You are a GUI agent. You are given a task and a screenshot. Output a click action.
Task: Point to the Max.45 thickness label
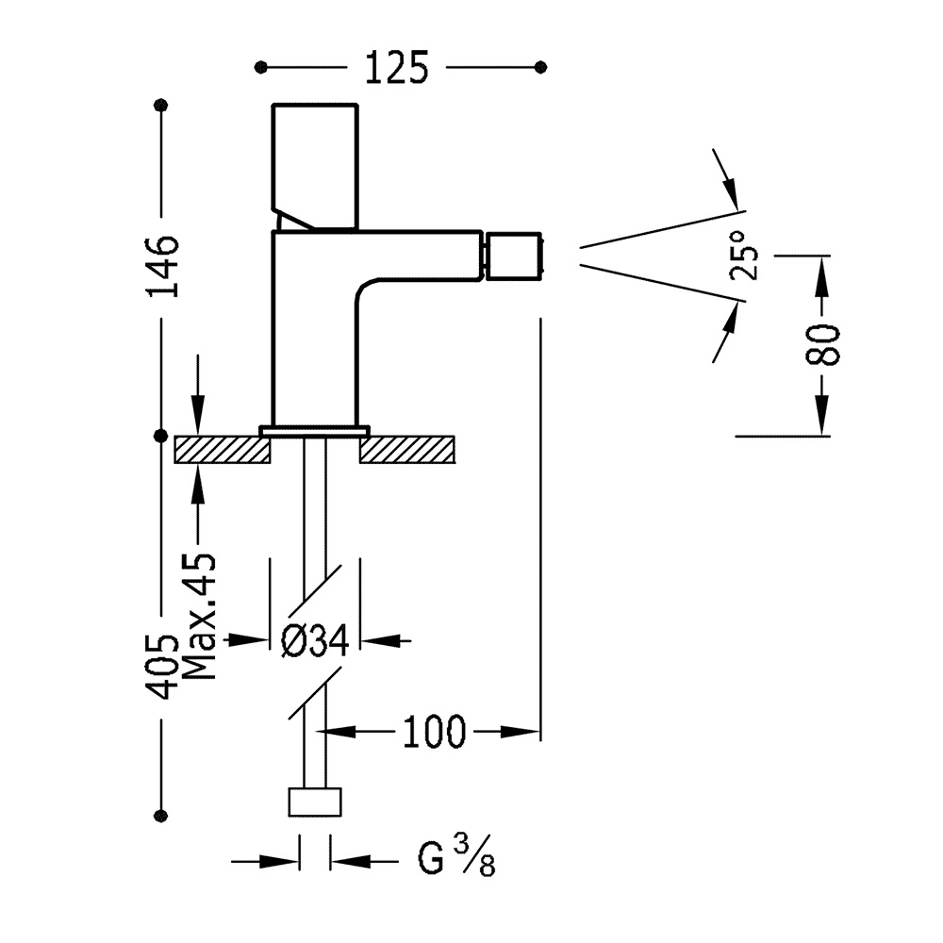click(x=199, y=618)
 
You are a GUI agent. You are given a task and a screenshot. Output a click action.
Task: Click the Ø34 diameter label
click(x=315, y=641)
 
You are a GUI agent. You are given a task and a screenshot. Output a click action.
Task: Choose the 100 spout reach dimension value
click(x=435, y=732)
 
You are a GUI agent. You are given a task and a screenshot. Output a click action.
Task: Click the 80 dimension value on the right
click(x=823, y=344)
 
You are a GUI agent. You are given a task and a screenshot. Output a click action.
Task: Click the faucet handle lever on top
click(x=315, y=166)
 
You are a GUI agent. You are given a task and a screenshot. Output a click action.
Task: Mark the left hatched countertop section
click(x=223, y=449)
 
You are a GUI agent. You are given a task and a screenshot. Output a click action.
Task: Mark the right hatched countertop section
click(x=407, y=449)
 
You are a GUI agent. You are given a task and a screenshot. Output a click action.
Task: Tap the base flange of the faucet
click(x=315, y=431)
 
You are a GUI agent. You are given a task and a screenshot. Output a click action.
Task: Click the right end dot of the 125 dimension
click(x=540, y=67)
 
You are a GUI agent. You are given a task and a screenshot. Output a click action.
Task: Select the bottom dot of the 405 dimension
click(x=161, y=815)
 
